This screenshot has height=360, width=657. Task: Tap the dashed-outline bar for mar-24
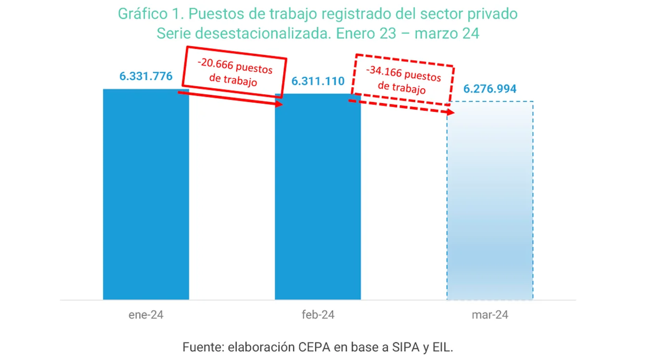click(490, 208)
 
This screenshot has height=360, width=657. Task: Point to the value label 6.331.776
click(146, 76)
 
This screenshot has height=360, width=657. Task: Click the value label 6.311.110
click(318, 82)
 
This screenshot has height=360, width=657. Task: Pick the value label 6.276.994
click(489, 89)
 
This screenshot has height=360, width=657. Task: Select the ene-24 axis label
click(146, 315)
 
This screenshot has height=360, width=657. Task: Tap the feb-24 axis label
click(318, 315)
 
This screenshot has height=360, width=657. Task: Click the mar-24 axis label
click(489, 315)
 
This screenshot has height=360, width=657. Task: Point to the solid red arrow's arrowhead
click(280, 104)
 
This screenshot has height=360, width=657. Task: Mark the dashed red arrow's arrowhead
click(451, 112)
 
